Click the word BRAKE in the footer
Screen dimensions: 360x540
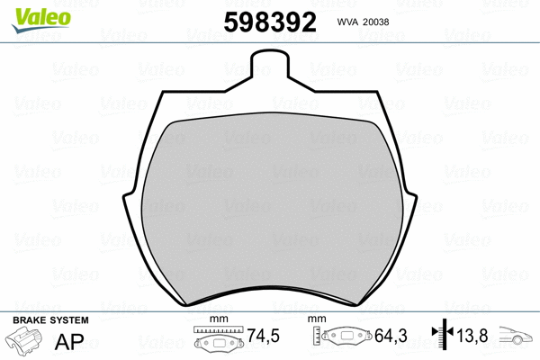pyautogui.click(x=30, y=321)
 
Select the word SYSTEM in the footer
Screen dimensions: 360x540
pyautogui.click(x=70, y=321)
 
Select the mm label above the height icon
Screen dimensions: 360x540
pyautogui.click(x=316, y=320)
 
